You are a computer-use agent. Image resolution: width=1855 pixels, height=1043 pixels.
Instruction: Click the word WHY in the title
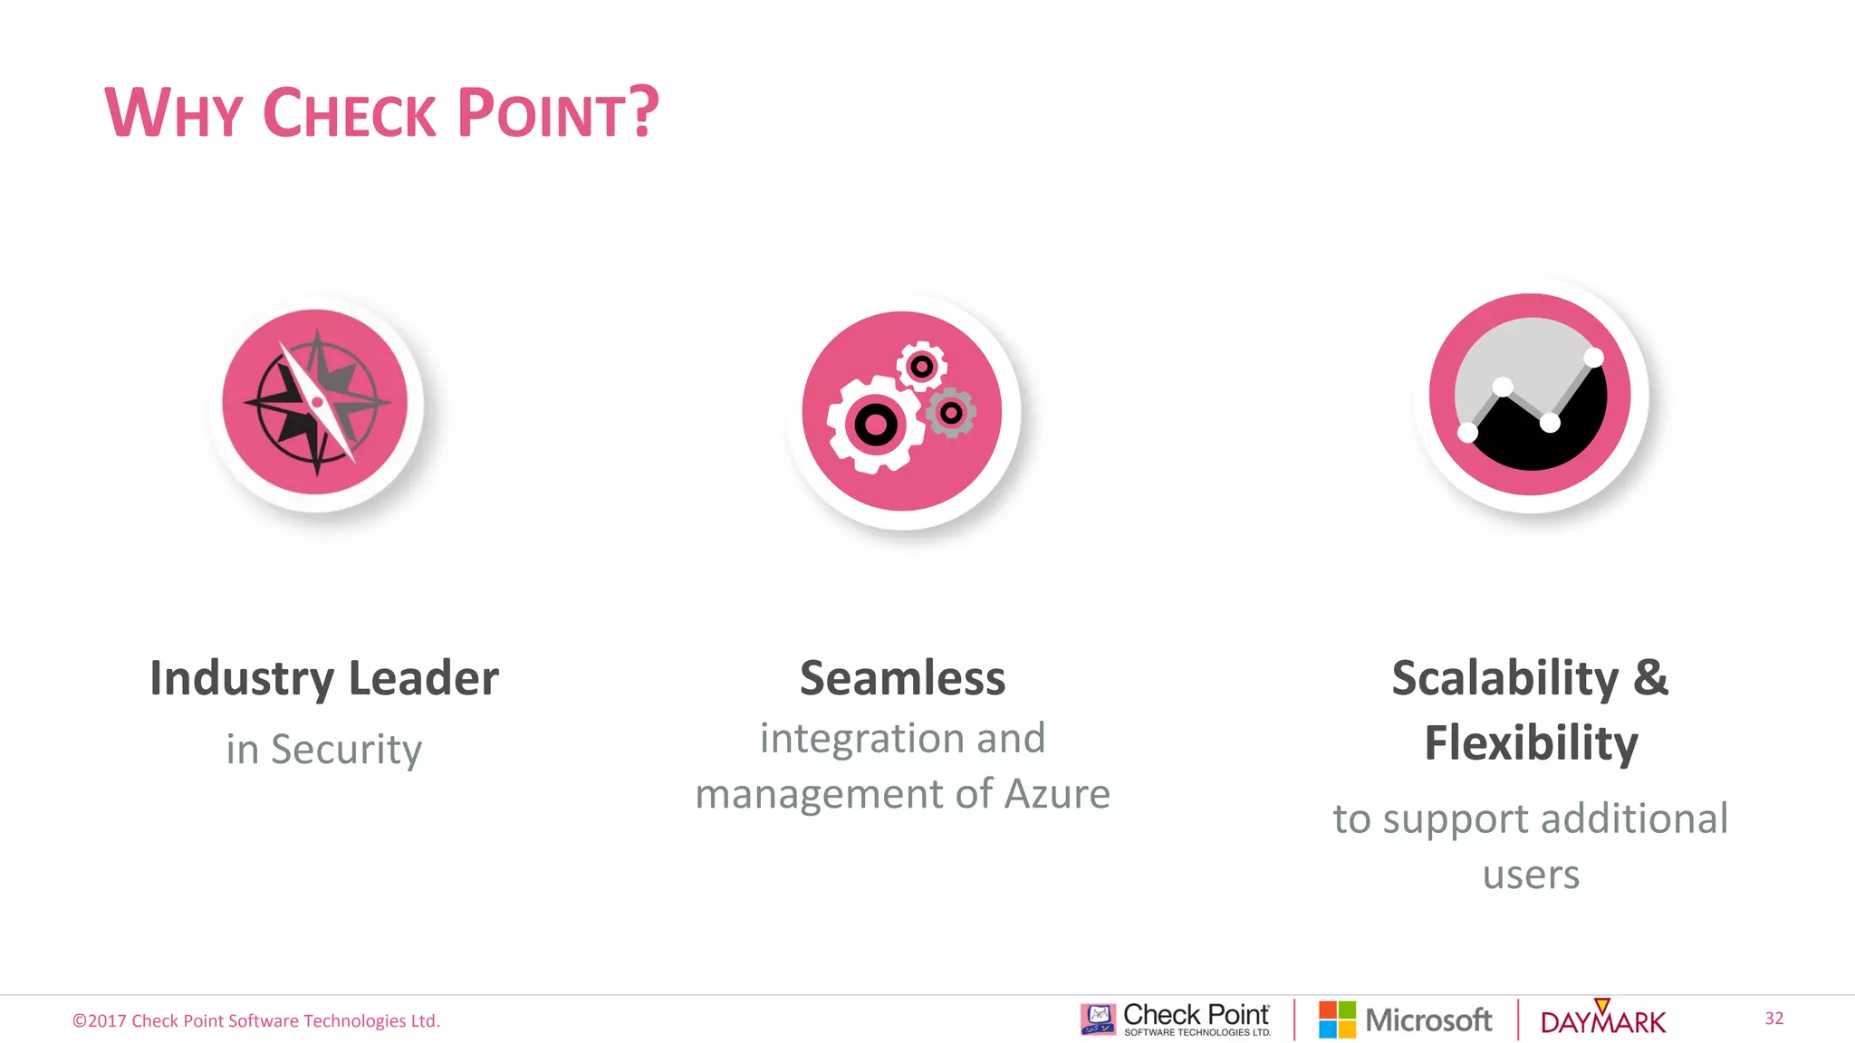173,114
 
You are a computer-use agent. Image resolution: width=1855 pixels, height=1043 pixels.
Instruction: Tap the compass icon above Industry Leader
315,402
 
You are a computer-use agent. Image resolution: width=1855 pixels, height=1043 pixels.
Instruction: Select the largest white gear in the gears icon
875,424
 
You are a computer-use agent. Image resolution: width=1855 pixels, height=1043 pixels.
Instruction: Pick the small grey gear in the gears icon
951,413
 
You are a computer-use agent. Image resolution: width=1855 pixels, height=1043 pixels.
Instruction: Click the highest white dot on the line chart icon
1593,358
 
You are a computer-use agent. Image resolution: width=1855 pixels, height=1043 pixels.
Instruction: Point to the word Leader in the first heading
423,678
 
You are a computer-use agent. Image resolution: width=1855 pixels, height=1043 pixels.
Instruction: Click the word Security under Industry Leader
346,750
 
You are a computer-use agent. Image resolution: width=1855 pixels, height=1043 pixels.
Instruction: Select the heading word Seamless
902,678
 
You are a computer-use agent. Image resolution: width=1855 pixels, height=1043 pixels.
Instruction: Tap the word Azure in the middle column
1057,794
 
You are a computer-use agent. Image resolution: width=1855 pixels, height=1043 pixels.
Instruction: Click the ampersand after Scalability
1650,678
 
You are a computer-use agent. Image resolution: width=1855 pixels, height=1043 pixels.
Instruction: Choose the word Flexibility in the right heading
1531,743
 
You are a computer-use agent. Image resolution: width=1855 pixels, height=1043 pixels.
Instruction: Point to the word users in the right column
1531,876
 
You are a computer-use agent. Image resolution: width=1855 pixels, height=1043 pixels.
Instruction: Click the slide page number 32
1773,1019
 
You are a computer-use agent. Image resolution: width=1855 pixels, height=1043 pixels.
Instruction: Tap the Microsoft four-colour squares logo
1337,1019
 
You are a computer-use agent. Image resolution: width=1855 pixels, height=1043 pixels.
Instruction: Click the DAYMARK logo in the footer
1602,1020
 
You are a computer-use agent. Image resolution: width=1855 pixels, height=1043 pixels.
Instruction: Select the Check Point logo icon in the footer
1098,1019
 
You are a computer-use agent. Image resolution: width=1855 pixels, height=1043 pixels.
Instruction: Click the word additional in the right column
1634,819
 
